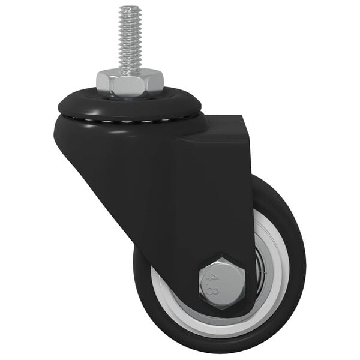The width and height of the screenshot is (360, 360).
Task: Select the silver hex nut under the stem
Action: point(129,83)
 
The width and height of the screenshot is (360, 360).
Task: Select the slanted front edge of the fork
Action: point(96,180)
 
